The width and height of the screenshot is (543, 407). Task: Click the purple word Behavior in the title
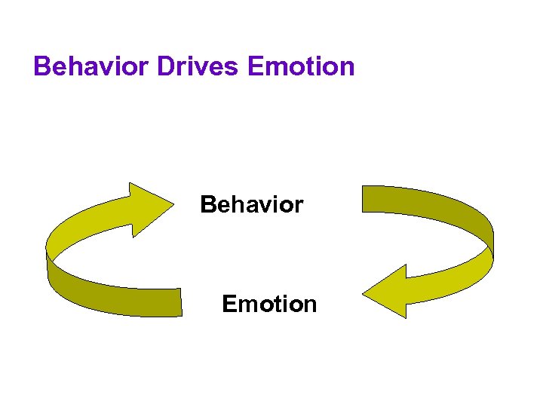(x=92, y=66)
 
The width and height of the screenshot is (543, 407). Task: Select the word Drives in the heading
(x=198, y=66)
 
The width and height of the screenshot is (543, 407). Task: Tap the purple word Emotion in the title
(x=300, y=66)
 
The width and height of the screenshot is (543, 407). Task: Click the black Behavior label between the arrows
(x=251, y=204)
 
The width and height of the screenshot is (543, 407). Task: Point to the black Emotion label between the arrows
(x=269, y=304)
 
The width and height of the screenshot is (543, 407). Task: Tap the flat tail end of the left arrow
(x=179, y=303)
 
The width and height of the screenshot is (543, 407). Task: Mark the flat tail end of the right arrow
(x=364, y=198)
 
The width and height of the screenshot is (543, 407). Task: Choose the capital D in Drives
(x=166, y=66)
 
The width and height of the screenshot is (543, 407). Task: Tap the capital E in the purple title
(x=255, y=66)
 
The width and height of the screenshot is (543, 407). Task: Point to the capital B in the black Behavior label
(x=208, y=204)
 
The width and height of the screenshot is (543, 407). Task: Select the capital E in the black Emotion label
(x=229, y=304)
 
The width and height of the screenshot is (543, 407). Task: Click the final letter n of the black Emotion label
(x=310, y=304)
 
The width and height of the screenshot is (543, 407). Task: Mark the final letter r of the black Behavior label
(x=299, y=204)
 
